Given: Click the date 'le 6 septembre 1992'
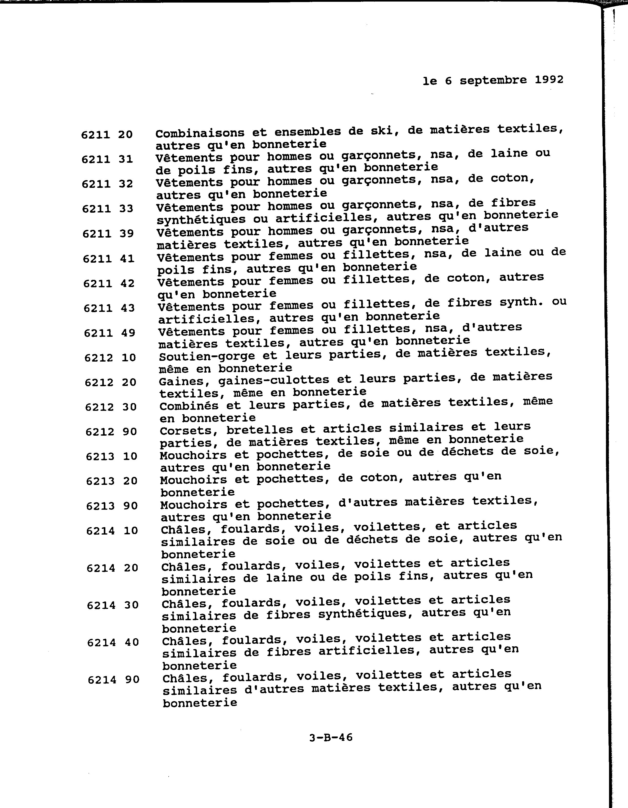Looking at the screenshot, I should tap(493, 80).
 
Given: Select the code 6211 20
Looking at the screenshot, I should tap(107, 134).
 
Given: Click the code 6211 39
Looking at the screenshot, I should tap(108, 233).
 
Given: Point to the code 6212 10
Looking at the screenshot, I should tap(110, 357).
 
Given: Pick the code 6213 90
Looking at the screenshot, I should tap(112, 506).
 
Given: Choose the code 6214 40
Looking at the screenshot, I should tap(113, 642).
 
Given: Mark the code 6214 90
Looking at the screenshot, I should tap(114, 680).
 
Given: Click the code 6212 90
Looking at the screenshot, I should tap(111, 431).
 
